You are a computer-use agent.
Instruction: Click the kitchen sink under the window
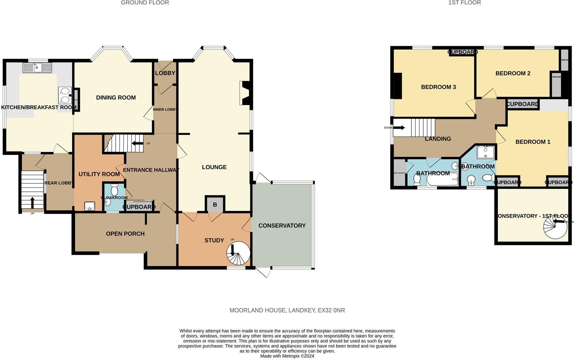[x=37, y=68]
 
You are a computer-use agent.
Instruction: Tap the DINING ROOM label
[x=116, y=97]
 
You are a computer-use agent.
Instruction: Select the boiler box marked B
[x=215, y=205]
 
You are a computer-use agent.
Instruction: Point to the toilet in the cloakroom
[x=114, y=190]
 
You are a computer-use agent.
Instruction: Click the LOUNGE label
[x=214, y=167]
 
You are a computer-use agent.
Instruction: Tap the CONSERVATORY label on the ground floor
[x=282, y=225]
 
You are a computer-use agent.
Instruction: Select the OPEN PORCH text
[x=125, y=234]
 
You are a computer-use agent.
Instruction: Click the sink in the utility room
[x=89, y=206]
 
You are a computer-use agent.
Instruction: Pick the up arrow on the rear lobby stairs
[x=32, y=202]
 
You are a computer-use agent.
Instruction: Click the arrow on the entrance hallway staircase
[x=137, y=143]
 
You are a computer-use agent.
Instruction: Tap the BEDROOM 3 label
[x=438, y=87]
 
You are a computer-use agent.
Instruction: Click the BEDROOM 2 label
[x=512, y=73]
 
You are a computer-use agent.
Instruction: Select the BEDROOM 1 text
[x=533, y=142]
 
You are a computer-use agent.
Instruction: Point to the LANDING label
[x=438, y=139]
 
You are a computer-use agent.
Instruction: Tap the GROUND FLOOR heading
[x=145, y=3]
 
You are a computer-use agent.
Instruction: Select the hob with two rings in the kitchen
[x=65, y=95]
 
